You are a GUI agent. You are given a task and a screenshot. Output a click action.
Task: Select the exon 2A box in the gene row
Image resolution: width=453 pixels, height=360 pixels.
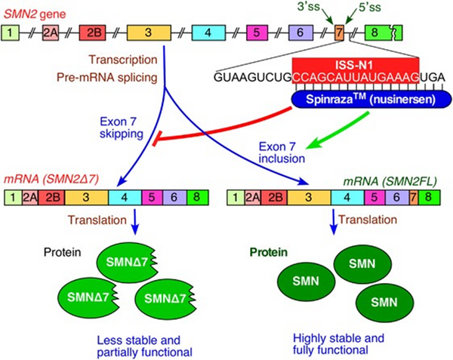(51, 33)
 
